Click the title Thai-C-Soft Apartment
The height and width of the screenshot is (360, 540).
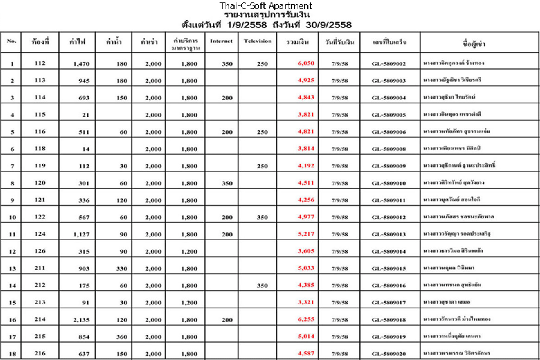coord(265,6)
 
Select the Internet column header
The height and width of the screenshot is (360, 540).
coord(222,41)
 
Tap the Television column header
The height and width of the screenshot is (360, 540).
coord(258,41)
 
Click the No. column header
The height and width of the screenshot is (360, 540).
coord(11,41)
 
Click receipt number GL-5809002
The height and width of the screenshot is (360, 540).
coord(389,63)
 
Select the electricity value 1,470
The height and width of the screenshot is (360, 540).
coord(80,63)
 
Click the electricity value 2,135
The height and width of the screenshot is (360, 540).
coord(80,320)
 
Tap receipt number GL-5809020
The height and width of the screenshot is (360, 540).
coord(389,354)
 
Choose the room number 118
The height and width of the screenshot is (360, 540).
coord(40,148)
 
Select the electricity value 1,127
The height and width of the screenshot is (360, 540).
coord(80,234)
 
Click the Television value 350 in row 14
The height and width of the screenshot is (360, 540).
coord(262,286)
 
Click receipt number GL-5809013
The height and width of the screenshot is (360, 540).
coord(389,234)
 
